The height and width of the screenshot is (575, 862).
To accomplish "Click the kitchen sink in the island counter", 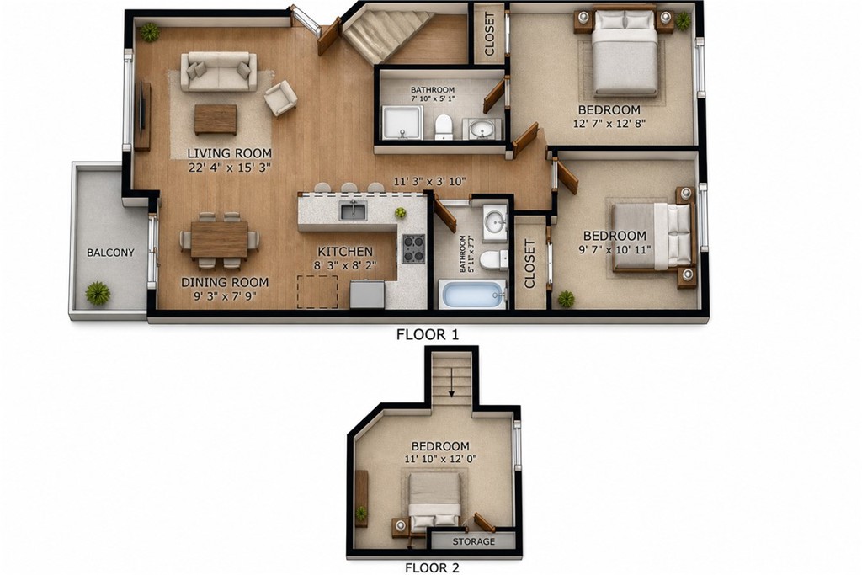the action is click(353, 210).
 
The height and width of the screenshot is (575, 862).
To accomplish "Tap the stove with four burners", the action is click(413, 249).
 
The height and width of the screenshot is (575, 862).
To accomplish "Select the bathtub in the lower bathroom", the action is click(472, 294).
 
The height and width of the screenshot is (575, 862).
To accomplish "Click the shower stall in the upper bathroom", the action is click(403, 123).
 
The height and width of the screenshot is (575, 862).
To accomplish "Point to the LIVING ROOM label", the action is click(229, 153).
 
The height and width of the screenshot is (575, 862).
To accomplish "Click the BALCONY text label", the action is click(110, 253).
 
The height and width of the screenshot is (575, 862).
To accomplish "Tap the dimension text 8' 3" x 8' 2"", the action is click(346, 265).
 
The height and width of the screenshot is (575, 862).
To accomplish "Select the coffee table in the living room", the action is click(215, 120).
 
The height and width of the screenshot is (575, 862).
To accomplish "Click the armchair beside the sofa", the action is click(280, 98).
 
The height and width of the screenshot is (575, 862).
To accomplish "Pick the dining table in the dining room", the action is click(220, 239).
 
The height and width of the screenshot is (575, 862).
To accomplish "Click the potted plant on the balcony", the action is click(98, 293).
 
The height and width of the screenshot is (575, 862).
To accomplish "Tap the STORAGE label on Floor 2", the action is click(473, 541).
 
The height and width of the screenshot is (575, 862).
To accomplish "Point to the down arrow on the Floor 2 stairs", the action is click(451, 382).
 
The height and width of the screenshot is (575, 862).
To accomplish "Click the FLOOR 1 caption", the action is click(428, 334).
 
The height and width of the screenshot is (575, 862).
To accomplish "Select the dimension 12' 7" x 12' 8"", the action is click(609, 124).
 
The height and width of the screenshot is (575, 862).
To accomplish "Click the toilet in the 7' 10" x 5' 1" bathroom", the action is click(443, 126).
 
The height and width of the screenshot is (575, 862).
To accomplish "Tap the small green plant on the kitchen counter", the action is click(400, 212).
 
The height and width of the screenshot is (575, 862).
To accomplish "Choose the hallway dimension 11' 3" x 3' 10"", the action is click(429, 181).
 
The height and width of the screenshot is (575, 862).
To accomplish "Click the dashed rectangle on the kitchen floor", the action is click(317, 292).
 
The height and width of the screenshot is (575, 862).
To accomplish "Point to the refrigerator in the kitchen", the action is click(367, 294).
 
